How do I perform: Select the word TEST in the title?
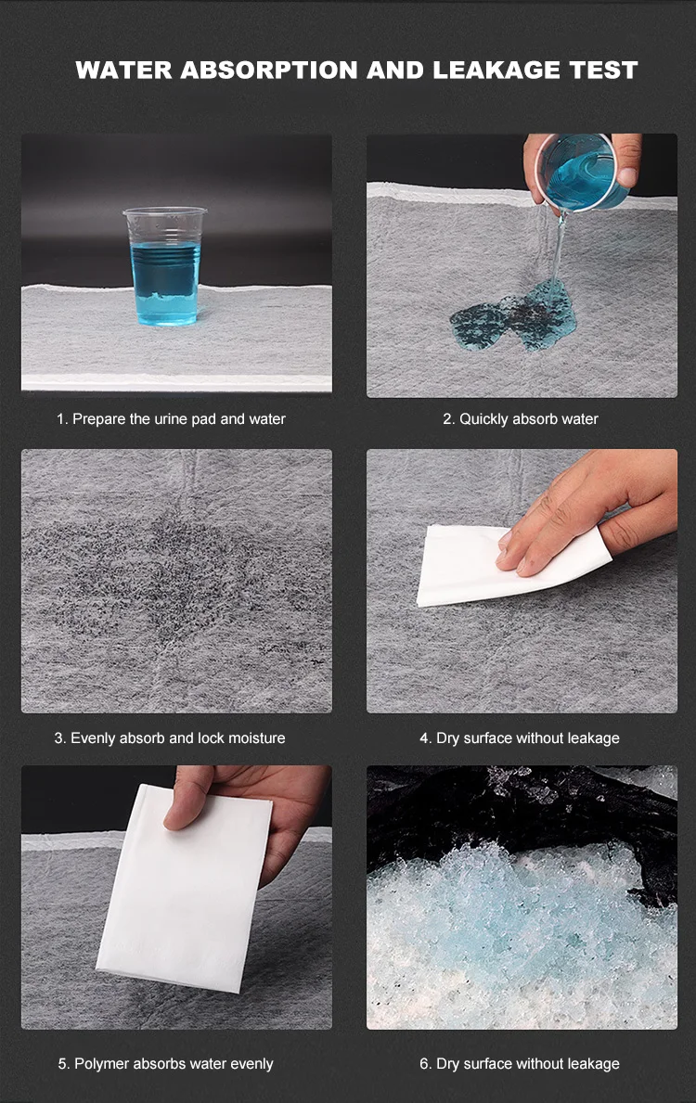click(603, 70)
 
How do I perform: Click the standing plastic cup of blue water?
click(164, 266)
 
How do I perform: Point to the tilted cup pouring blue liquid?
click(582, 172)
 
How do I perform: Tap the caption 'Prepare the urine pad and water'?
click(179, 419)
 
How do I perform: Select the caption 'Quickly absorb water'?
click(529, 419)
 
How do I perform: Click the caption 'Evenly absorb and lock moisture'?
click(177, 737)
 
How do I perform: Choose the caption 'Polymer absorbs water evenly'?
click(174, 1064)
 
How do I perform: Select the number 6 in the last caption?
click(424, 1064)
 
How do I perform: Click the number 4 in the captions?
click(424, 737)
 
